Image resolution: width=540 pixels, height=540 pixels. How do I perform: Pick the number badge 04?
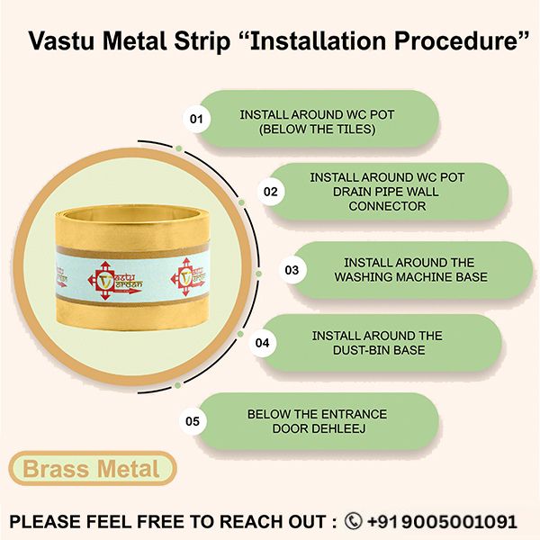coord(263,343)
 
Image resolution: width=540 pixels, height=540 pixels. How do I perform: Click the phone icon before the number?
coord(354,521)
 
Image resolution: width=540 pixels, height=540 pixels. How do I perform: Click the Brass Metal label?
coord(91,468)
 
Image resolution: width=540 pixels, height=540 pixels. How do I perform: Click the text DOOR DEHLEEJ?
coord(317,428)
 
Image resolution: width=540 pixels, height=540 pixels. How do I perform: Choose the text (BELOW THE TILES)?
coord(316,130)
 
